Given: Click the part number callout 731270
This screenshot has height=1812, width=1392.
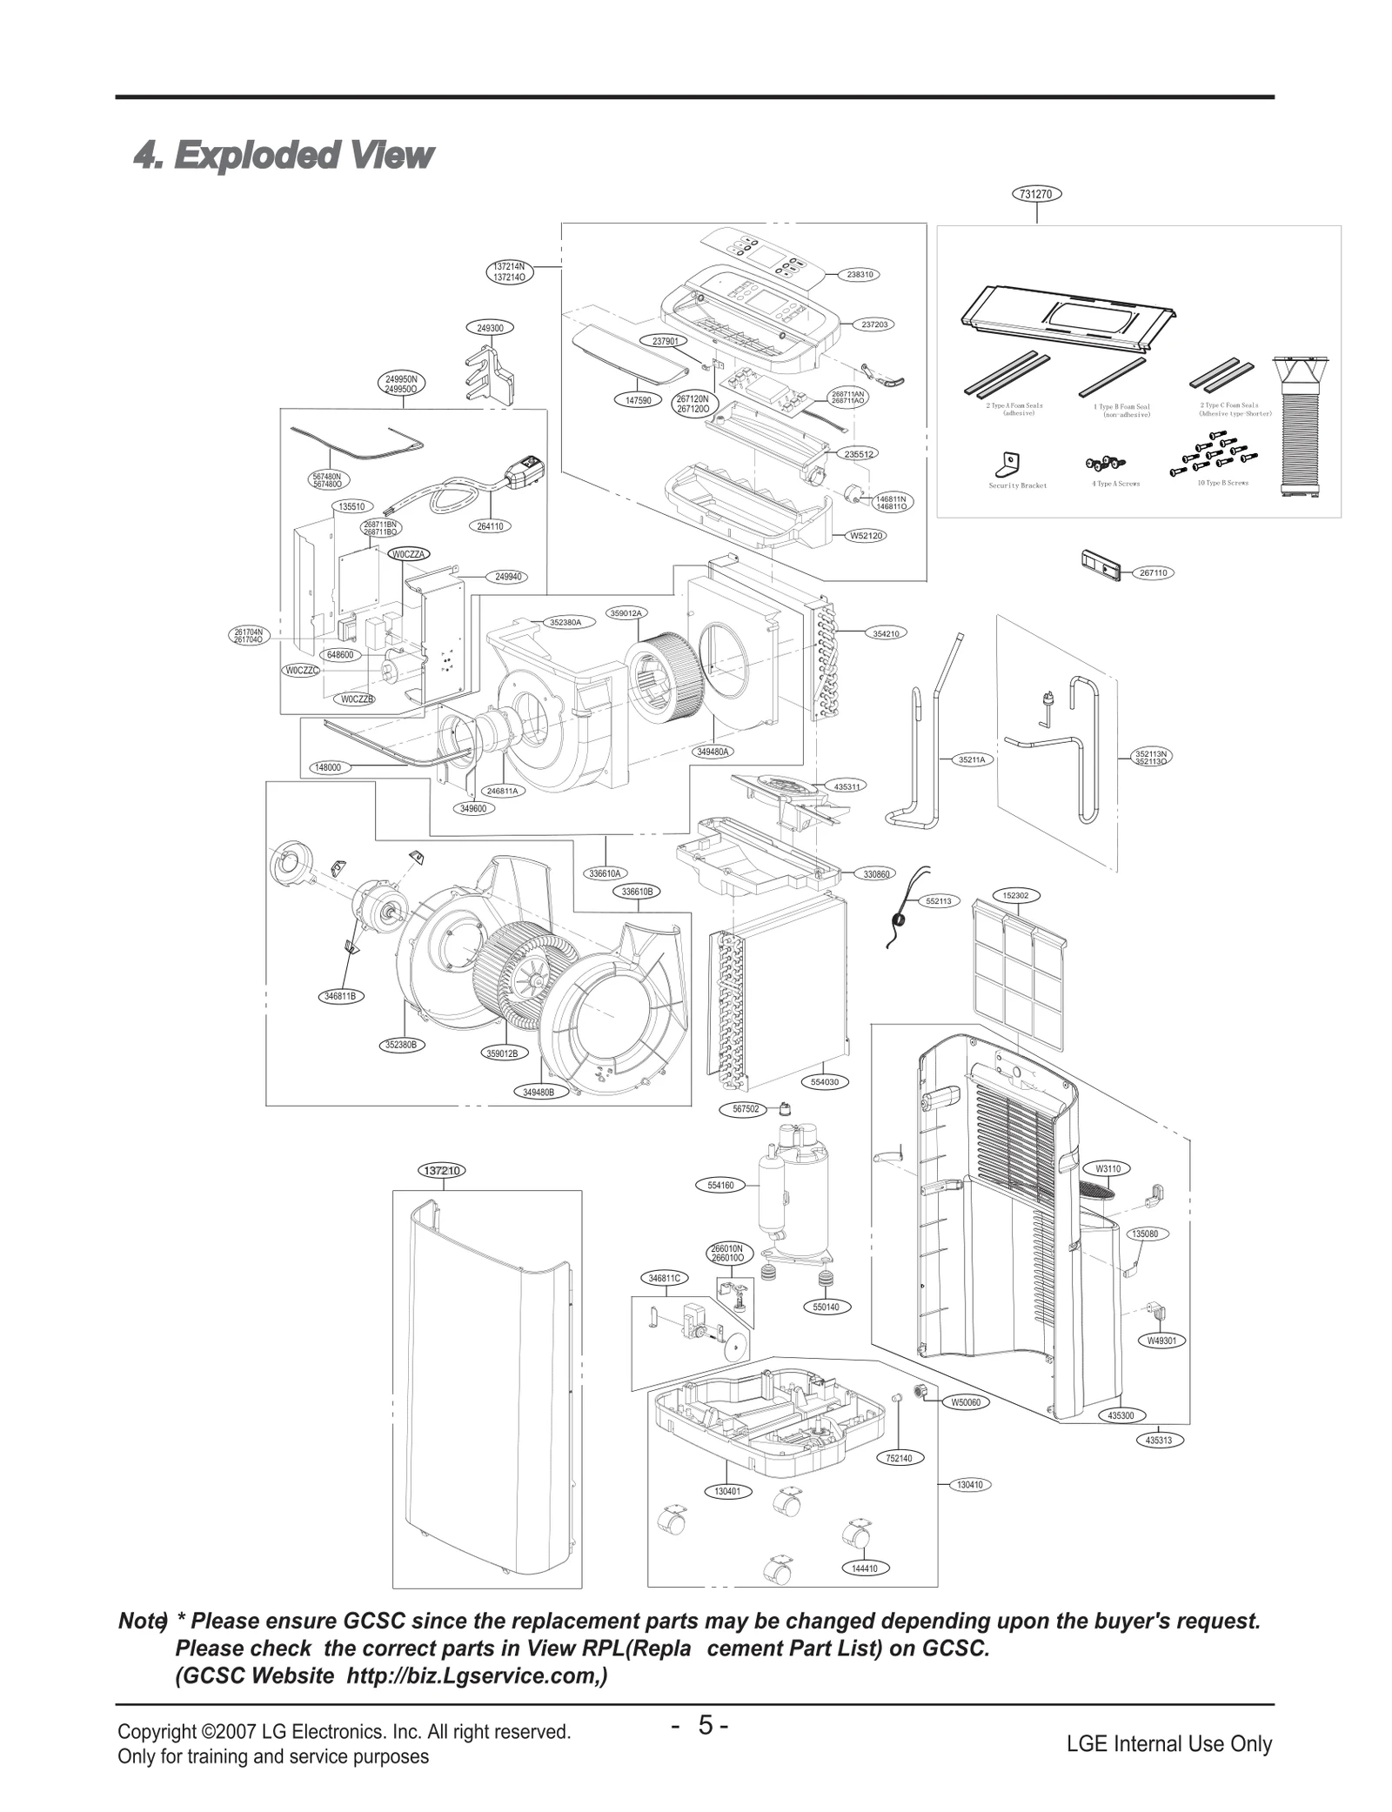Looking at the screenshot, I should pyautogui.click(x=1036, y=194).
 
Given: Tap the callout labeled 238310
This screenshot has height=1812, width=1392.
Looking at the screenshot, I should pyautogui.click(x=860, y=274).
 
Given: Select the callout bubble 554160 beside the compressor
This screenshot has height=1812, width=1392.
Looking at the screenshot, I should pyautogui.click(x=720, y=1185).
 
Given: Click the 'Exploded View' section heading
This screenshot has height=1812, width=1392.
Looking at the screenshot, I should pyautogui.click(x=283, y=156).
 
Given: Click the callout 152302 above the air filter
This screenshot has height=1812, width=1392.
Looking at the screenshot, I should pyautogui.click(x=1015, y=895).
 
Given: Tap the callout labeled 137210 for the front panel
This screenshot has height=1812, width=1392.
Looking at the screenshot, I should pyautogui.click(x=444, y=1170).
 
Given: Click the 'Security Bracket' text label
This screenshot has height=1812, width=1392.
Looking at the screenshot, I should pyautogui.click(x=1017, y=485).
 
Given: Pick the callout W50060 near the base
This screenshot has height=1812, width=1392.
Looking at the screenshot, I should pyautogui.click(x=965, y=1402).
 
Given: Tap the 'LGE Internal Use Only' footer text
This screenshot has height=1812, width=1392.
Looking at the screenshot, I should pyautogui.click(x=1168, y=1743).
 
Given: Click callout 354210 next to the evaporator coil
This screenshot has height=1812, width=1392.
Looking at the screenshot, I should pyautogui.click(x=885, y=633).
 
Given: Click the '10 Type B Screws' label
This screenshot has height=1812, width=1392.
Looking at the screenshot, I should pyautogui.click(x=1222, y=483).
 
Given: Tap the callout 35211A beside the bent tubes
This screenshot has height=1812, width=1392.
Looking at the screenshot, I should pyautogui.click(x=971, y=759).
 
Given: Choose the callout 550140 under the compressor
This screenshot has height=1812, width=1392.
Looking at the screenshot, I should pyautogui.click(x=825, y=1307).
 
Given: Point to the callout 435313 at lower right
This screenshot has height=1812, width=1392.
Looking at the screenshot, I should pyautogui.click(x=1158, y=1441).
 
